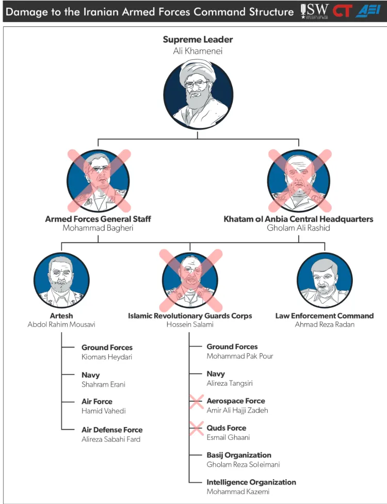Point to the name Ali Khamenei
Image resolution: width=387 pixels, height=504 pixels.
(198, 51)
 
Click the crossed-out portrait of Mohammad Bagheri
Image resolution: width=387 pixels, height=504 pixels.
(98, 181)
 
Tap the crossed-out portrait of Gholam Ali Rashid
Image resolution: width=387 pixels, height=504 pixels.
(298, 181)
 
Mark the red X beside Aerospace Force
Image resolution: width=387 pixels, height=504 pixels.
(196, 402)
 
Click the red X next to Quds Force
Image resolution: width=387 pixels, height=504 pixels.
(196, 429)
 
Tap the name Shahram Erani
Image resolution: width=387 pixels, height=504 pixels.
(103, 384)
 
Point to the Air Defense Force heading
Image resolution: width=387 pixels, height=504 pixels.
(112, 430)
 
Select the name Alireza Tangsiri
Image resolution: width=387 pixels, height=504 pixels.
(230, 383)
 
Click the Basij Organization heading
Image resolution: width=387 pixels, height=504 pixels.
(239, 455)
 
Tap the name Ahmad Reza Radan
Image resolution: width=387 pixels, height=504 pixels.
(325, 325)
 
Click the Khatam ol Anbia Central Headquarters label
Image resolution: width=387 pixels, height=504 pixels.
(298, 219)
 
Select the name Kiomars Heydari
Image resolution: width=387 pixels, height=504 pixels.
(107, 357)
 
